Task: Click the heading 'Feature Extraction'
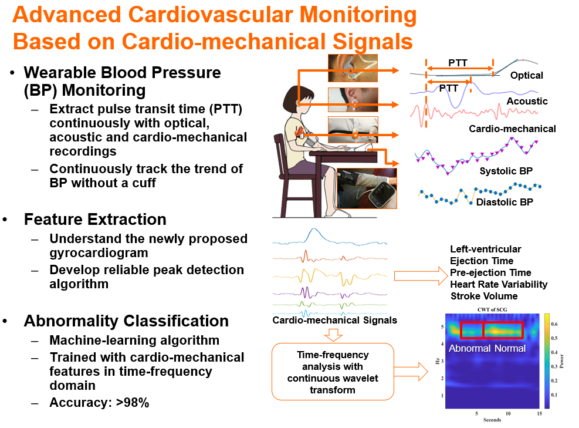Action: point(95,220)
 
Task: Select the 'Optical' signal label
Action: point(526,75)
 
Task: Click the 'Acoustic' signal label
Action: point(527,101)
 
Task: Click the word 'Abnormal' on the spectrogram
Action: point(470,348)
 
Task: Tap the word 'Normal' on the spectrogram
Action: point(510,348)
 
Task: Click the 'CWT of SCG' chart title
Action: point(492,309)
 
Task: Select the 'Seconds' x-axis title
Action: point(492,420)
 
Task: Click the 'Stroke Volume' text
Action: point(484,296)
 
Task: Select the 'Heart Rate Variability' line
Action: point(499,284)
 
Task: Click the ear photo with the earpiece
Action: point(353,68)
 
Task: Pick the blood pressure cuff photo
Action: point(367,188)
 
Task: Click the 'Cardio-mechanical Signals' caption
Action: point(334,321)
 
